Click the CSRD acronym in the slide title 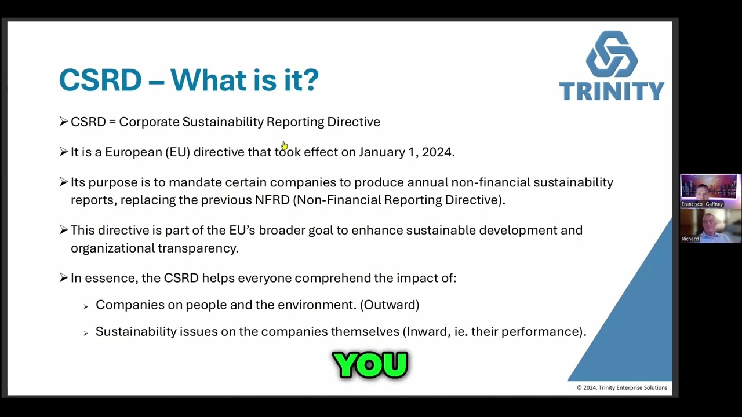100,80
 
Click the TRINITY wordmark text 612,91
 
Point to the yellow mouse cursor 284,145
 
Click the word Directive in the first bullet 353,122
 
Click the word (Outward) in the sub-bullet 390,305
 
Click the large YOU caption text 370,365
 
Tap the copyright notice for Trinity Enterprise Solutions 621,388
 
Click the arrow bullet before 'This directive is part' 63,231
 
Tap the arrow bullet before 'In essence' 63,278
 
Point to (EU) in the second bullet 177,152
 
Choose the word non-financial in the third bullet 490,182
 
